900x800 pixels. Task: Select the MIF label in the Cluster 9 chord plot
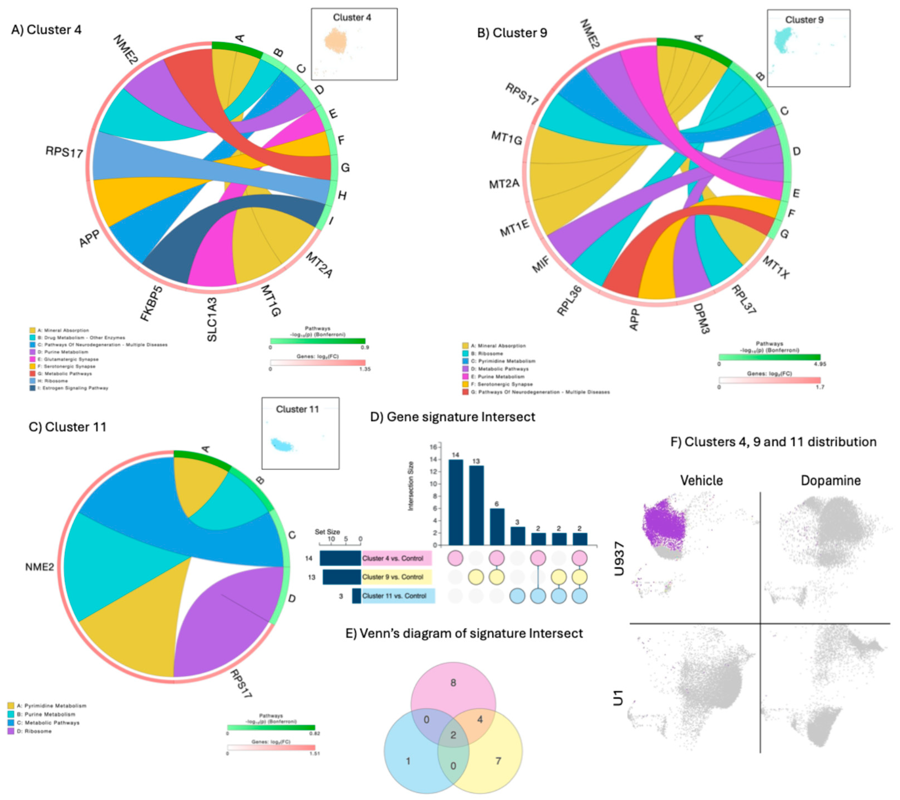(x=541, y=264)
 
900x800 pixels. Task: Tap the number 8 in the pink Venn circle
(x=453, y=682)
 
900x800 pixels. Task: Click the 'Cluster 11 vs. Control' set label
(x=394, y=596)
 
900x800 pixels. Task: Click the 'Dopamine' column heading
(x=830, y=480)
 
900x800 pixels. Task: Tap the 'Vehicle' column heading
(x=702, y=480)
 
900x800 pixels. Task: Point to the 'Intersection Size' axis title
(x=411, y=486)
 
